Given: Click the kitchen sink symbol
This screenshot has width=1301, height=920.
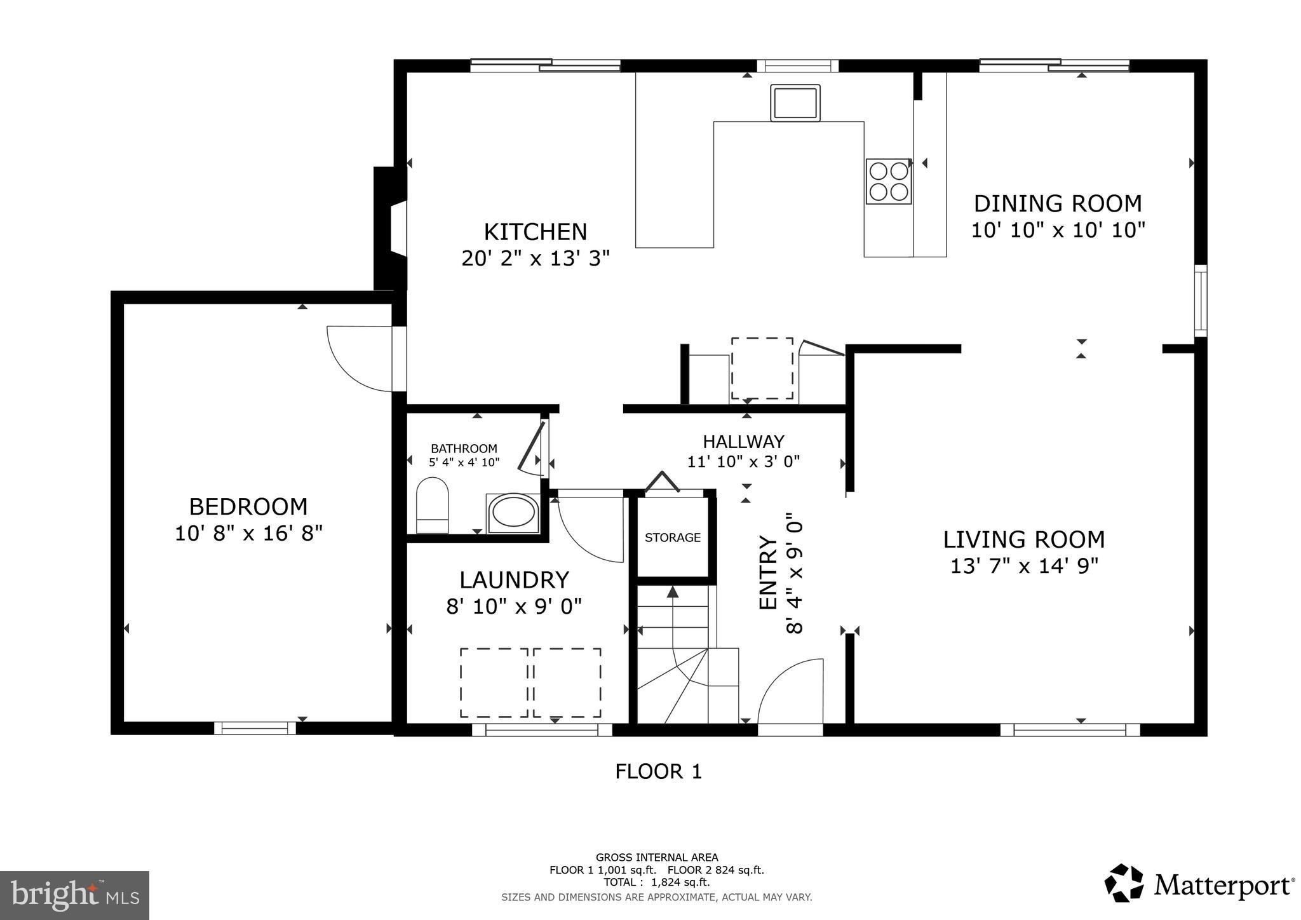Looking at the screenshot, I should pyautogui.click(x=795, y=103).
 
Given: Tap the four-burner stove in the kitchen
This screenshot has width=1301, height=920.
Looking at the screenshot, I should pyautogui.click(x=889, y=181).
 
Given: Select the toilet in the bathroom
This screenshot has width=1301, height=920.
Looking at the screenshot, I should pyautogui.click(x=432, y=506).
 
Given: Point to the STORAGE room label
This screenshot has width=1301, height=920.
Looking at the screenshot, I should pyautogui.click(x=673, y=538).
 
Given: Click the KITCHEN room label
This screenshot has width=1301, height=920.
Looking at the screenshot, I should pyautogui.click(x=536, y=232).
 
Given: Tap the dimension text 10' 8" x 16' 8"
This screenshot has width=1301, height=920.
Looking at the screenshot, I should pyautogui.click(x=248, y=533).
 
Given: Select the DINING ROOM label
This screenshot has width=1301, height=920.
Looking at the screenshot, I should pyautogui.click(x=1058, y=203).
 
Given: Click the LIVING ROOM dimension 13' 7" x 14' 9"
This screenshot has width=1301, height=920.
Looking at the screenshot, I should pyautogui.click(x=1024, y=565).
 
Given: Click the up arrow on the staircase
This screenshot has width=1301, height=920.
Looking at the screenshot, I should pyautogui.click(x=673, y=593).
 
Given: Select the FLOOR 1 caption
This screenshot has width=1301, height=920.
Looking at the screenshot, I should pyautogui.click(x=658, y=771).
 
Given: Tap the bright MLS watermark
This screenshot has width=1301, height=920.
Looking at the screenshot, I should pyautogui.click(x=74, y=895).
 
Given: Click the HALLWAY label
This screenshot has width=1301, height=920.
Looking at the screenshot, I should pyautogui.click(x=743, y=441).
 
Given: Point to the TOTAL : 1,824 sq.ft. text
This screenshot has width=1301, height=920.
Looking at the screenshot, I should pyautogui.click(x=656, y=882).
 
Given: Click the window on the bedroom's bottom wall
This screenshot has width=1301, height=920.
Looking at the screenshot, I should pyautogui.click(x=255, y=728).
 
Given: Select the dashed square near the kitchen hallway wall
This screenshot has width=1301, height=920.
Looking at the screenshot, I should pyautogui.click(x=762, y=369).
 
